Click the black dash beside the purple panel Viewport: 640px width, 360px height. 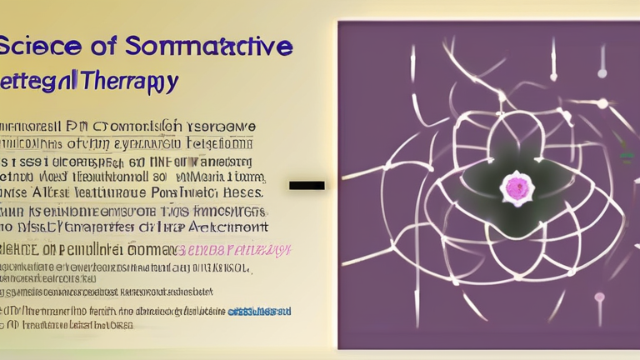point(307,185)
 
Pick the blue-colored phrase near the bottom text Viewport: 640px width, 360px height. point(259,311)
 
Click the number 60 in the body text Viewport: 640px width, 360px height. point(136,162)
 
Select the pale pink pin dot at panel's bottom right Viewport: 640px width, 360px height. point(599,298)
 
